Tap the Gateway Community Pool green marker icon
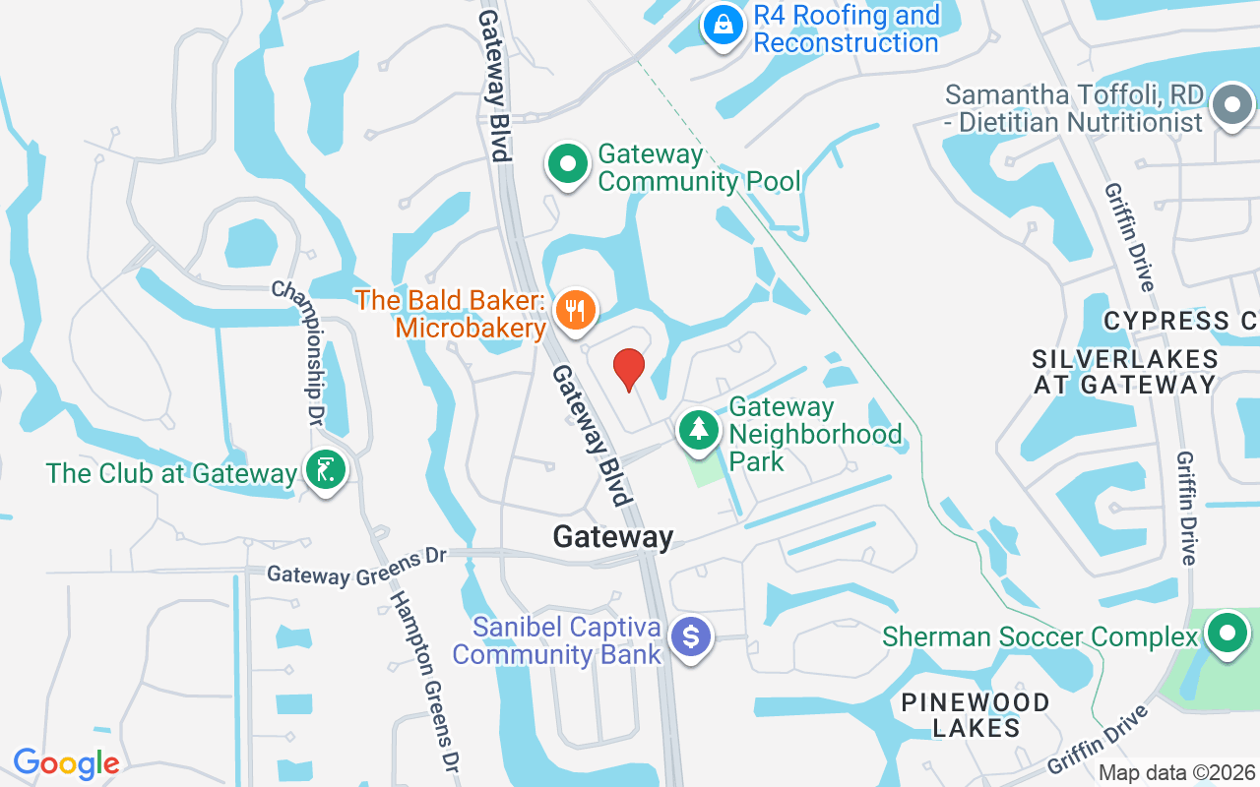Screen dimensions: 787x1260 (x=567, y=165)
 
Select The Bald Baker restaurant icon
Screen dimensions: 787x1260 (x=574, y=311)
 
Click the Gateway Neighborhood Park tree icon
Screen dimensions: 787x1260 (x=699, y=430)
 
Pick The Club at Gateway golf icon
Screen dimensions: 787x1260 (x=324, y=471)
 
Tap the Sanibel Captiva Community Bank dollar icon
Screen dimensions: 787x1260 (x=691, y=636)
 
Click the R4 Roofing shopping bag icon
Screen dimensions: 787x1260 (x=724, y=25)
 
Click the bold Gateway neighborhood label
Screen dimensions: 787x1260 (x=613, y=537)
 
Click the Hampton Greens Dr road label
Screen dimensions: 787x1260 (x=424, y=679)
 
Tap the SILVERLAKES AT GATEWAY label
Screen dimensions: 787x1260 (x=1125, y=371)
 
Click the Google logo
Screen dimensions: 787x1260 (x=66, y=763)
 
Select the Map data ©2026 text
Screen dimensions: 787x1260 (x=1176, y=773)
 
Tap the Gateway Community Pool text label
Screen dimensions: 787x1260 (x=699, y=167)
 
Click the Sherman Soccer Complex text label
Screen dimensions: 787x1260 (x=1039, y=636)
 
